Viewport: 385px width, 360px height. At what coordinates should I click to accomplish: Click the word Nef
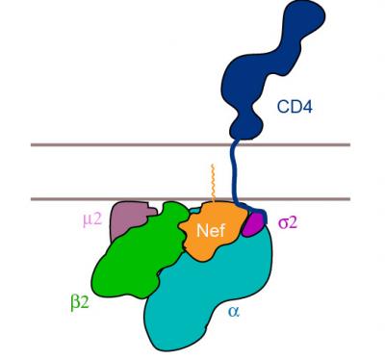point(211,231)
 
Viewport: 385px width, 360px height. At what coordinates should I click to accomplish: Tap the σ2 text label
point(288,223)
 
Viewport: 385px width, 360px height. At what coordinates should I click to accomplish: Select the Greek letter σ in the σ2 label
point(282,223)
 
